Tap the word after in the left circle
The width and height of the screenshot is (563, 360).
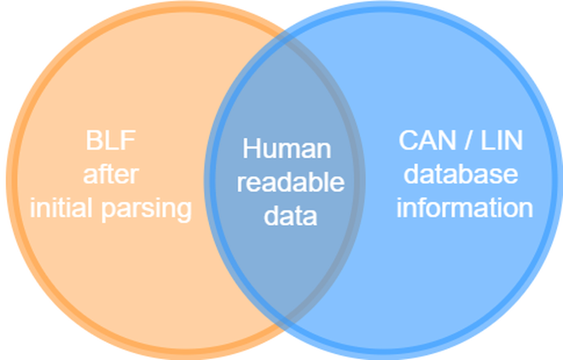point(111,175)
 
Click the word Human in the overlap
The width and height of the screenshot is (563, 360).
point(287,148)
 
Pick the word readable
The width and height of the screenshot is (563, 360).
point(290,182)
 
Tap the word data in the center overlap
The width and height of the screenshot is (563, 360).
point(290,215)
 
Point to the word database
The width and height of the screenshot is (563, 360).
point(461,174)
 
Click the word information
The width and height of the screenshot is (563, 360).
point(464,208)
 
